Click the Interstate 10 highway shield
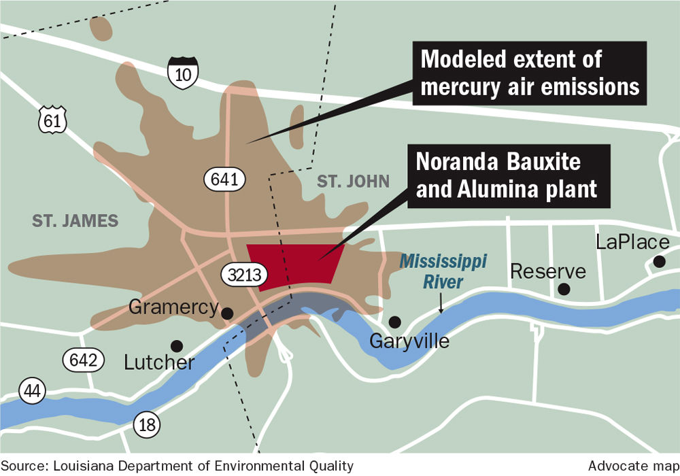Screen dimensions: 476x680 [x=183, y=73]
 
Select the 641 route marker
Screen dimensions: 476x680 [x=224, y=180]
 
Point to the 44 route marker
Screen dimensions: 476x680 [x=31, y=391]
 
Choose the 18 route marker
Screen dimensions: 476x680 [x=148, y=425]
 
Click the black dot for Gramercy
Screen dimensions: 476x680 [x=227, y=313]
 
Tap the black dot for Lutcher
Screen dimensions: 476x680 [x=177, y=345]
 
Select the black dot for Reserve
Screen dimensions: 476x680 [x=563, y=289]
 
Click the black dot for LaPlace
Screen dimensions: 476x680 [x=658, y=261]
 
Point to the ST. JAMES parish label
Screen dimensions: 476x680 [x=75, y=220]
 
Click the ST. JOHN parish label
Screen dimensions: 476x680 [x=353, y=181]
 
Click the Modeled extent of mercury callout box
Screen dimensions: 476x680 [x=530, y=72]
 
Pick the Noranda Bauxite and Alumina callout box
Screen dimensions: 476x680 [x=507, y=175]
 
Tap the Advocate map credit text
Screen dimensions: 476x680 [x=630, y=466]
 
